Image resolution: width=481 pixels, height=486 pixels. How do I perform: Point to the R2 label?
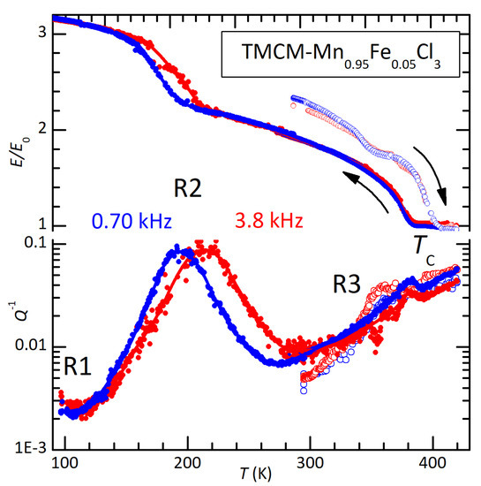[x=191, y=186]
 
